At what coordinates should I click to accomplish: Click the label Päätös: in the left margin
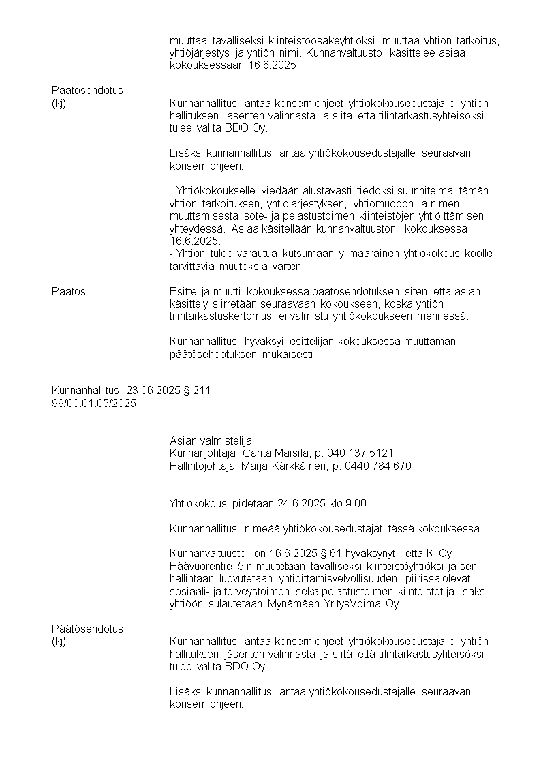click(x=69, y=292)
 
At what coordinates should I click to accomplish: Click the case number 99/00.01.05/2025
click(x=94, y=403)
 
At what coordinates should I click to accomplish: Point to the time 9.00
click(x=358, y=504)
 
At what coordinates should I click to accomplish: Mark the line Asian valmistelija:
click(x=211, y=441)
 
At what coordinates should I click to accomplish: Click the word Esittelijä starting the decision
click(x=190, y=292)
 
